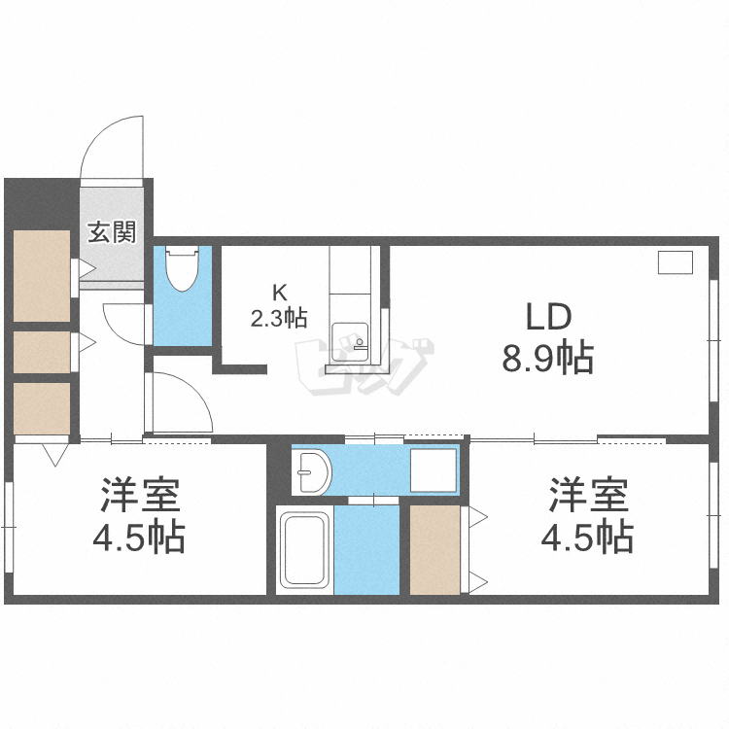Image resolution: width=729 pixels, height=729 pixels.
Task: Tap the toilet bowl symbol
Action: click(182, 269)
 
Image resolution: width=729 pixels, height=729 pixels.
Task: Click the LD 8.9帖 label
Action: click(547, 338)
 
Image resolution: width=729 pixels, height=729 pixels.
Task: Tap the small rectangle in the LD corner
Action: click(675, 261)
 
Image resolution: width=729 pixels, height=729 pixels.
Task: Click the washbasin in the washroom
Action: click(313, 471)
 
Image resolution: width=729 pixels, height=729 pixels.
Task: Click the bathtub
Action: click(305, 550)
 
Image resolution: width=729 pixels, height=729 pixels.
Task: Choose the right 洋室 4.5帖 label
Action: click(589, 515)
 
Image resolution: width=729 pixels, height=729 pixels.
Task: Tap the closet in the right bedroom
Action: click(434, 549)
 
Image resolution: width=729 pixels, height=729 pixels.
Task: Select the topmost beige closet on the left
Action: click(42, 275)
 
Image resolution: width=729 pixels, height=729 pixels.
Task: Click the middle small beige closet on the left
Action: click(42, 353)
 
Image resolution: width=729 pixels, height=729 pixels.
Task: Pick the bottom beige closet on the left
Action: click(42, 408)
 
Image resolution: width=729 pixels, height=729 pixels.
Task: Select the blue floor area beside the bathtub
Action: click(366, 549)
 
